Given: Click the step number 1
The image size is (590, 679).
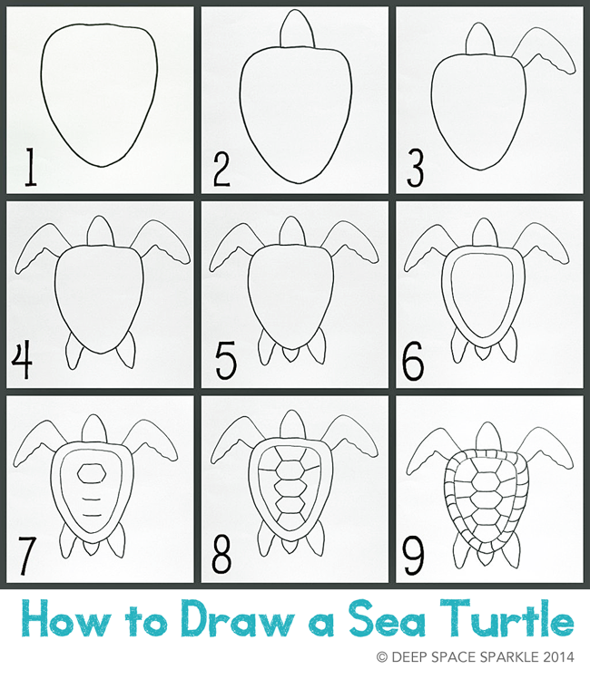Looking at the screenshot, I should pos(30,170).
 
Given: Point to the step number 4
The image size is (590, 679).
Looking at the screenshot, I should pos(23,362).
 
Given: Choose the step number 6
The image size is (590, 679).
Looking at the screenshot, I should pos(413,362).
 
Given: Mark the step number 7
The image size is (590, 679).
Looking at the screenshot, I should pos(28,555).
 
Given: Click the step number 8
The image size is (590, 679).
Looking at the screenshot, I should pos(223,555).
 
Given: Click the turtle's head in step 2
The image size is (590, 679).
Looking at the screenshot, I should pos(295,29).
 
